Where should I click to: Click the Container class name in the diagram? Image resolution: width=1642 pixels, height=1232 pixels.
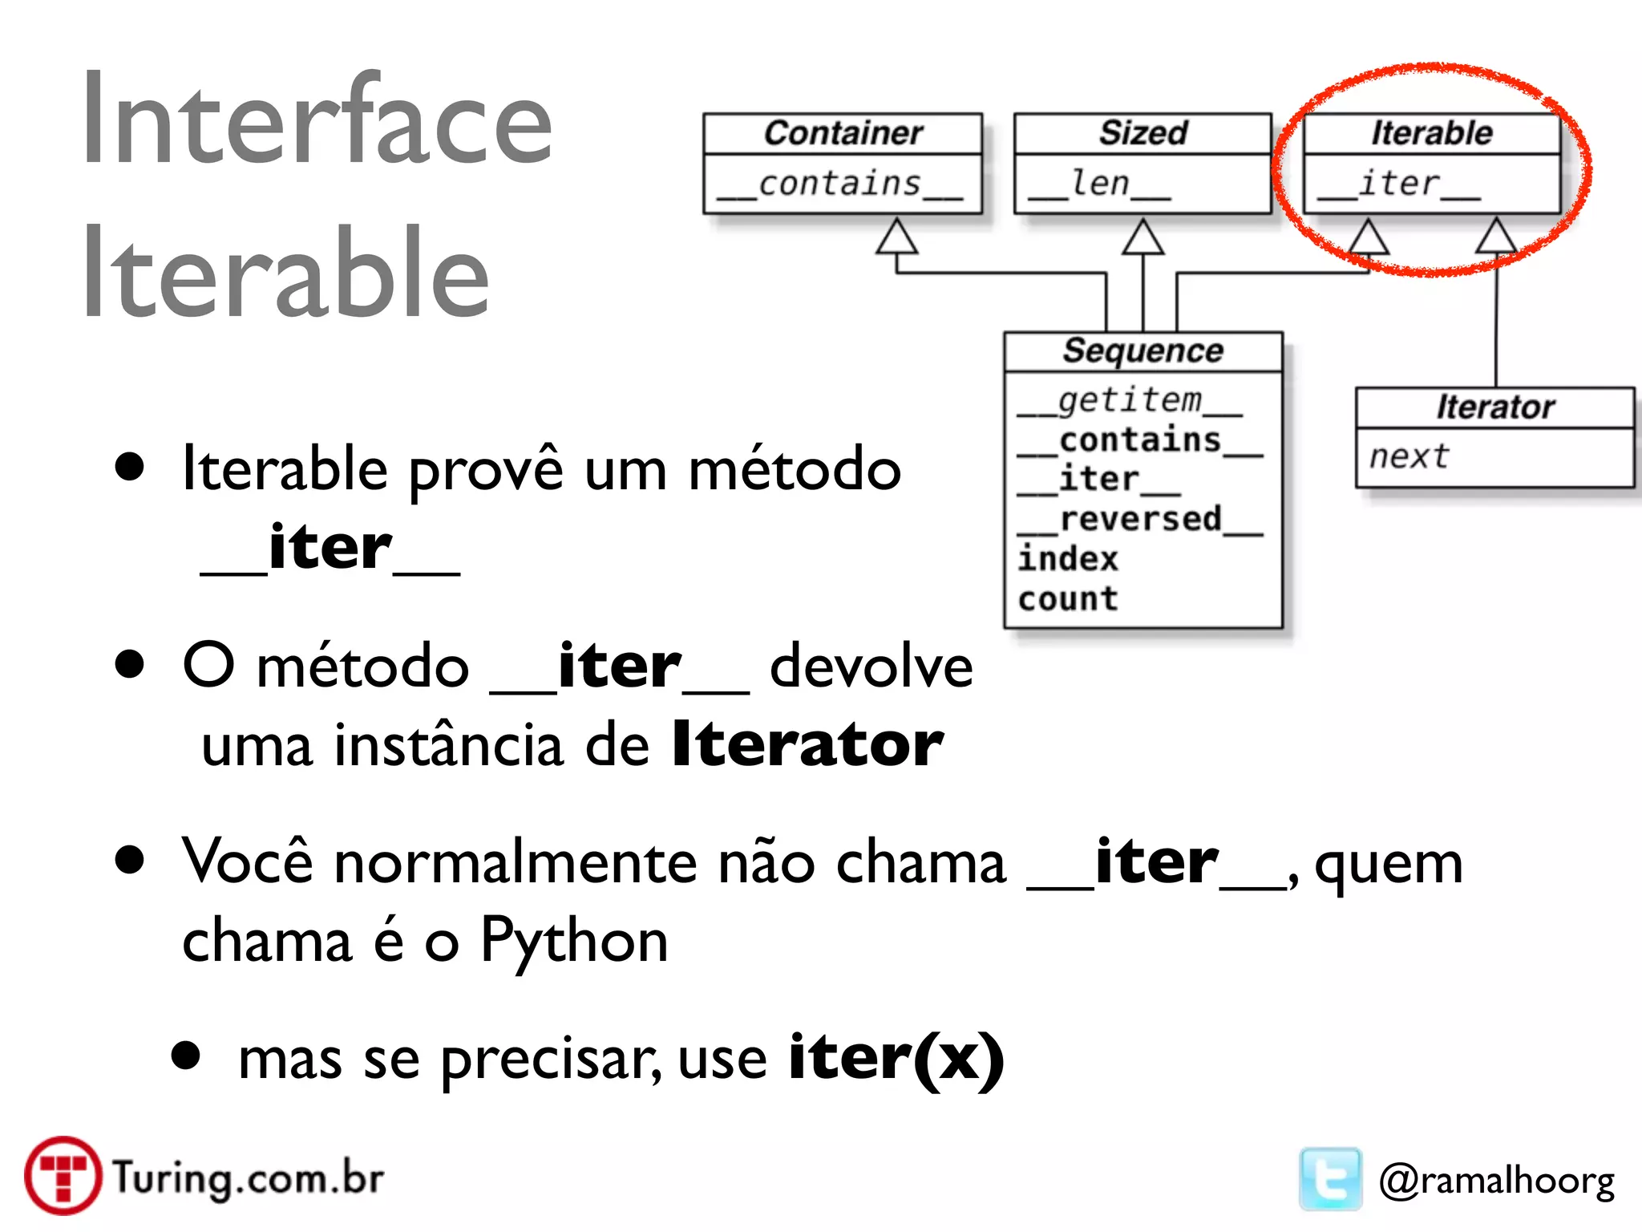click(843, 133)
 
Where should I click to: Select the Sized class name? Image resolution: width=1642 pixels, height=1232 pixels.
click(1143, 133)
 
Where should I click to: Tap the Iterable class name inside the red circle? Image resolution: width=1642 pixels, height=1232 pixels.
click(1432, 133)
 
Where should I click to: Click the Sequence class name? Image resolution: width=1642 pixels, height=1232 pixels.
click(1143, 351)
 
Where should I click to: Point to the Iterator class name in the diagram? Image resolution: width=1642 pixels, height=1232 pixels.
click(1495, 407)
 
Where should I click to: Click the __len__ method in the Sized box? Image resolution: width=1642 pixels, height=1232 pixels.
click(1100, 184)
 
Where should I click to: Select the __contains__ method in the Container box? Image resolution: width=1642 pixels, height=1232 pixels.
click(840, 184)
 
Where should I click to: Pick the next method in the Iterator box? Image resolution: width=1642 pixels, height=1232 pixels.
click(1409, 457)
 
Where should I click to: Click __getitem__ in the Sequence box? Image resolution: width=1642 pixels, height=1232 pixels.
click(1130, 400)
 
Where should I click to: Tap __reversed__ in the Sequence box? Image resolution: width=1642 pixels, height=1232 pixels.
click(1140, 520)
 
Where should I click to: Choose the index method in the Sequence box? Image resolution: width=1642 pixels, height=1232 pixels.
click(1068, 559)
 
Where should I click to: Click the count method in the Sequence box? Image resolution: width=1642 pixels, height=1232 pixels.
click(1068, 599)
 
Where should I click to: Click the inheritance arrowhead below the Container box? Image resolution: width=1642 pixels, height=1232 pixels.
click(896, 237)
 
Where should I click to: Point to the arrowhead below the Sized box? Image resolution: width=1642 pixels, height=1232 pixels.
click(1143, 237)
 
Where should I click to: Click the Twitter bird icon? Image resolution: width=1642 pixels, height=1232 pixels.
click(1330, 1179)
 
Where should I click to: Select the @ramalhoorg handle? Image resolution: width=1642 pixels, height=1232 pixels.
click(1496, 1181)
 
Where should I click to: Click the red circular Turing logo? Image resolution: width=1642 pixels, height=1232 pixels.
click(63, 1176)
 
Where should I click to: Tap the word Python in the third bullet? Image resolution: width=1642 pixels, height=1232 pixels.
click(574, 941)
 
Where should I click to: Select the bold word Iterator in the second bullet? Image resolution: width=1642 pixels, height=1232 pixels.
click(807, 744)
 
